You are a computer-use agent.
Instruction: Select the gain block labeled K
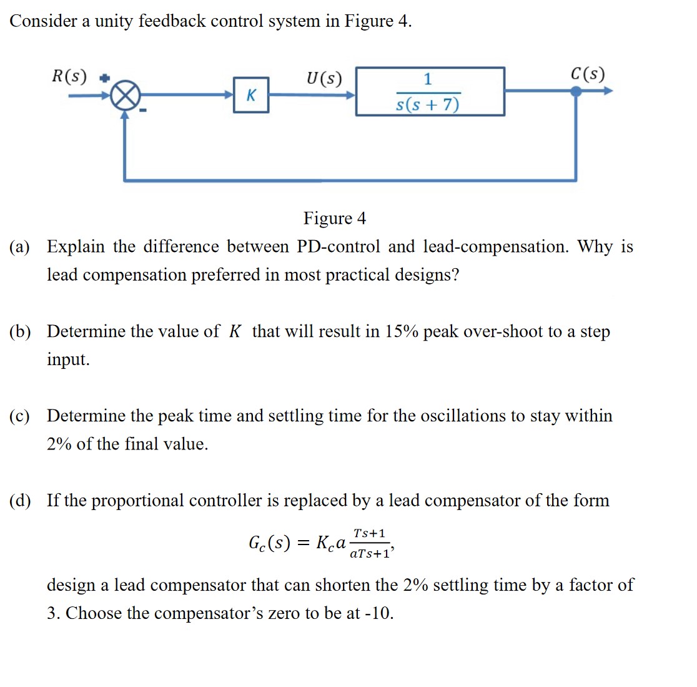[251, 95]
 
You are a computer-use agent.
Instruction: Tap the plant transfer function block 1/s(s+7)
[430, 92]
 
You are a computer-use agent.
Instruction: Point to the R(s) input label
[69, 76]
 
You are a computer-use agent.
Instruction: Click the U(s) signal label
[324, 78]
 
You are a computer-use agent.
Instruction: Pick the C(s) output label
[588, 74]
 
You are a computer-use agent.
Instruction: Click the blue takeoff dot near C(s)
[576, 91]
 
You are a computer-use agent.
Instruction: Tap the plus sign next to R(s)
[106, 78]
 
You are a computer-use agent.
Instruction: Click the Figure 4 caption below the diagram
[335, 218]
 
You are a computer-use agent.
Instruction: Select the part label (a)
[19, 247]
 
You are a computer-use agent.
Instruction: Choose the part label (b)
[19, 331]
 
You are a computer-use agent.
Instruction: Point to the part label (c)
[19, 416]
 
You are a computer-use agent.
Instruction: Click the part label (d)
[19, 501]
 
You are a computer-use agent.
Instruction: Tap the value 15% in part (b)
[401, 331]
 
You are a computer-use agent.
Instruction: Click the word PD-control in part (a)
[338, 246]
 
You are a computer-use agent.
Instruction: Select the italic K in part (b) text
[235, 331]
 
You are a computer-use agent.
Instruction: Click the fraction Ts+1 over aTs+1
[370, 543]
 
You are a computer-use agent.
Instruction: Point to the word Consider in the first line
[43, 21]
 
